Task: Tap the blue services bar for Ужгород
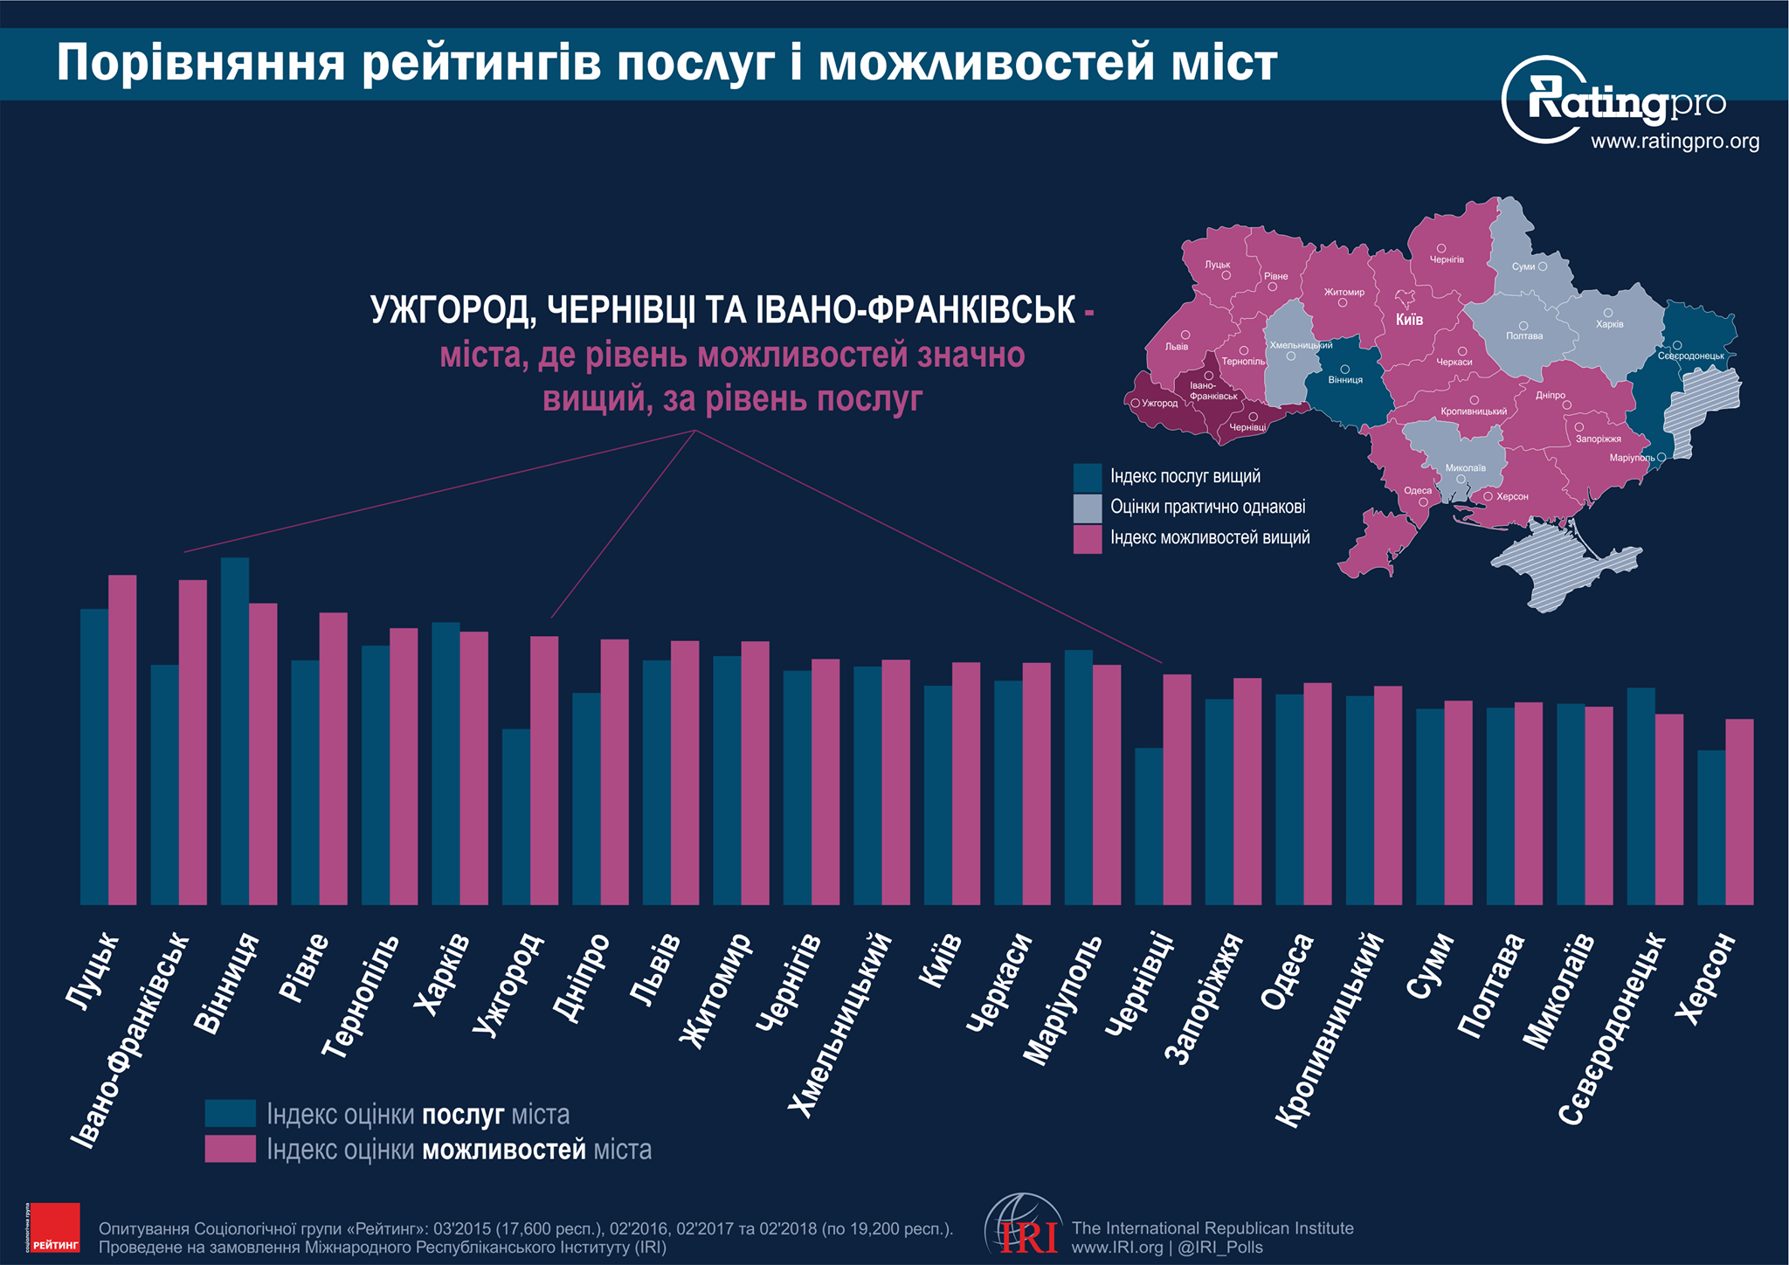(516, 816)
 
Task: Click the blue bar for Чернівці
(1149, 826)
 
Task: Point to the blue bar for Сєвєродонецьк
(1640, 795)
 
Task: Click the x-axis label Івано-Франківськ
(131, 1040)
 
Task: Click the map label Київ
(1409, 320)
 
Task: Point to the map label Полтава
(1524, 336)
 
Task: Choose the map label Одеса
(1418, 491)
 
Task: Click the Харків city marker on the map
(1607, 313)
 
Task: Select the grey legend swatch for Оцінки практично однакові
(1088, 508)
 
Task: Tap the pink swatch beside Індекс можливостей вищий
(1088, 538)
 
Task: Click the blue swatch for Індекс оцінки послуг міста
(231, 1114)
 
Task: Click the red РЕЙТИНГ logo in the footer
(54, 1228)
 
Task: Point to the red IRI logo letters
(1029, 1237)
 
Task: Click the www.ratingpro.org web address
(1675, 142)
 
